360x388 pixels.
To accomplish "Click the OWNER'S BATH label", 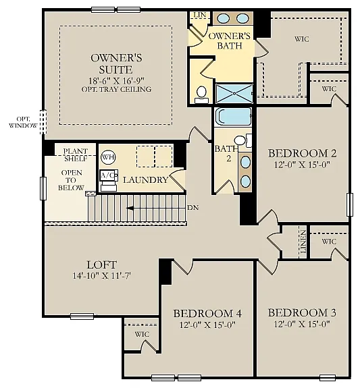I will coord(230,40).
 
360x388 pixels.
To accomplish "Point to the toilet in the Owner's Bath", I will coord(201,94).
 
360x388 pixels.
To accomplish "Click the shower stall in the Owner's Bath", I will coord(234,92).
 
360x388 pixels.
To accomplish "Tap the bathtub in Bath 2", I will coord(233,117).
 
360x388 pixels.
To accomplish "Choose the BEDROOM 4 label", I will coord(207,313).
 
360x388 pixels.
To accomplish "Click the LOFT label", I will coord(101,265).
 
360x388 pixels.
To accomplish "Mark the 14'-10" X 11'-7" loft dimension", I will coord(101,276).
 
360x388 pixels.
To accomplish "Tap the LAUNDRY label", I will coord(145,180).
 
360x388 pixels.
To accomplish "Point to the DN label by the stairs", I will coord(192,207).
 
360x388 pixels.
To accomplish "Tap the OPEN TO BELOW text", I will coord(72,179).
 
